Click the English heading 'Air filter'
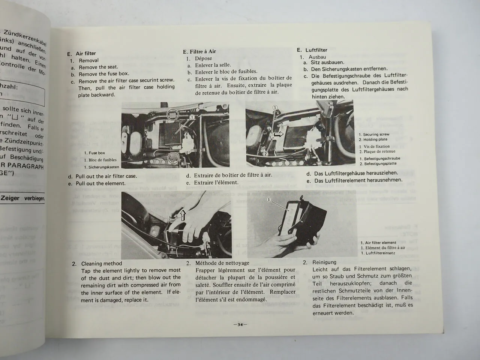(x=85, y=54)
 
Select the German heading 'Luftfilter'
(x=316, y=50)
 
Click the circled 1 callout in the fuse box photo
(x=192, y=117)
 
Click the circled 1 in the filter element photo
(x=269, y=200)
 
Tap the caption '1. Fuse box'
(x=94, y=153)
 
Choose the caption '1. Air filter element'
(x=378, y=243)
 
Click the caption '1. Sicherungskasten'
(x=101, y=167)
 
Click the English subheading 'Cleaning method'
(x=102, y=264)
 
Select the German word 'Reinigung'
(x=324, y=262)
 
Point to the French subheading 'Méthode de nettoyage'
(x=222, y=263)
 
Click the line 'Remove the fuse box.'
(x=103, y=74)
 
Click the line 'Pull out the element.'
(x=100, y=183)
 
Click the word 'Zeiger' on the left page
(x=11, y=198)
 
